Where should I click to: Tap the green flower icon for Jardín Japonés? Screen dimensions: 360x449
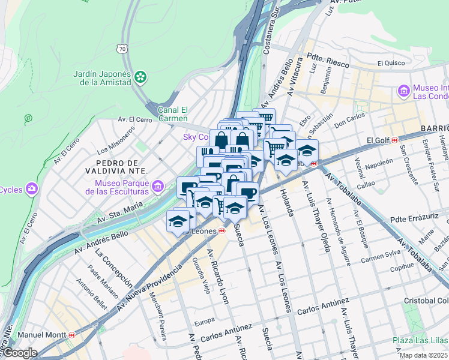click(x=140, y=77)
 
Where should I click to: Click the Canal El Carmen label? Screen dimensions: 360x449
click(x=173, y=114)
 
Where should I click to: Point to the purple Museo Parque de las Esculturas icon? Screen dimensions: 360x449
click(x=158, y=187)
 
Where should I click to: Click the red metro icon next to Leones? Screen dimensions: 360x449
click(x=222, y=231)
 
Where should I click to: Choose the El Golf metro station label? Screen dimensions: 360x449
click(x=378, y=140)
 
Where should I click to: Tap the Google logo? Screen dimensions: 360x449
click(x=19, y=353)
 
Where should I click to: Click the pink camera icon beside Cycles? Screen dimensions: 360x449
click(x=31, y=190)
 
